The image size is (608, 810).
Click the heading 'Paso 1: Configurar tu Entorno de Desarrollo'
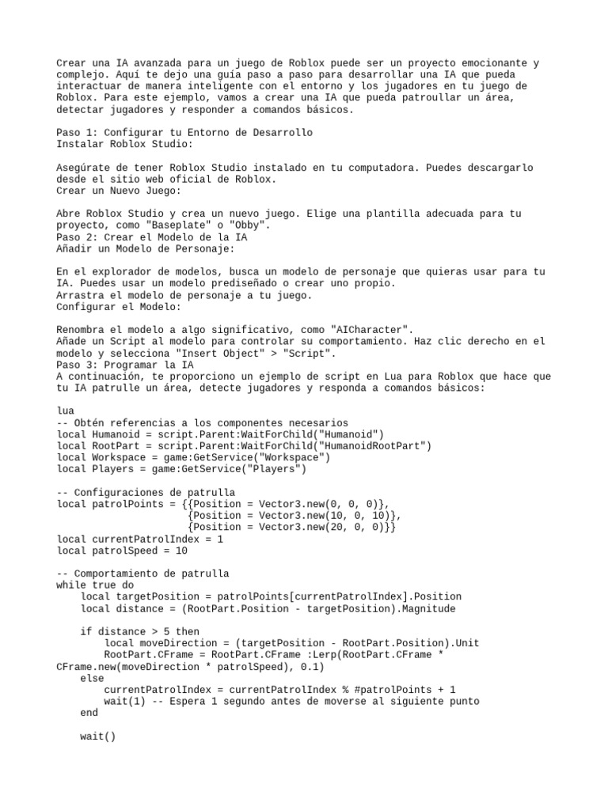tap(184, 132)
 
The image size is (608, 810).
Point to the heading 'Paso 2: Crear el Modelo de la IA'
tap(152, 237)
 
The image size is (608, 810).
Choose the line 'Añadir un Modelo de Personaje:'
tap(146, 248)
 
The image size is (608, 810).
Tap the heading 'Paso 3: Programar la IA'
tap(125, 365)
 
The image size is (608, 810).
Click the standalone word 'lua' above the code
tap(66, 411)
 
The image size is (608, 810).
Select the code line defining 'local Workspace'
tap(193, 458)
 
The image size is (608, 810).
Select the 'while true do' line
tap(95, 585)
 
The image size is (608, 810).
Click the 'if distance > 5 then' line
tap(139, 632)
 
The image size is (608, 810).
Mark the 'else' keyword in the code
tap(92, 679)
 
